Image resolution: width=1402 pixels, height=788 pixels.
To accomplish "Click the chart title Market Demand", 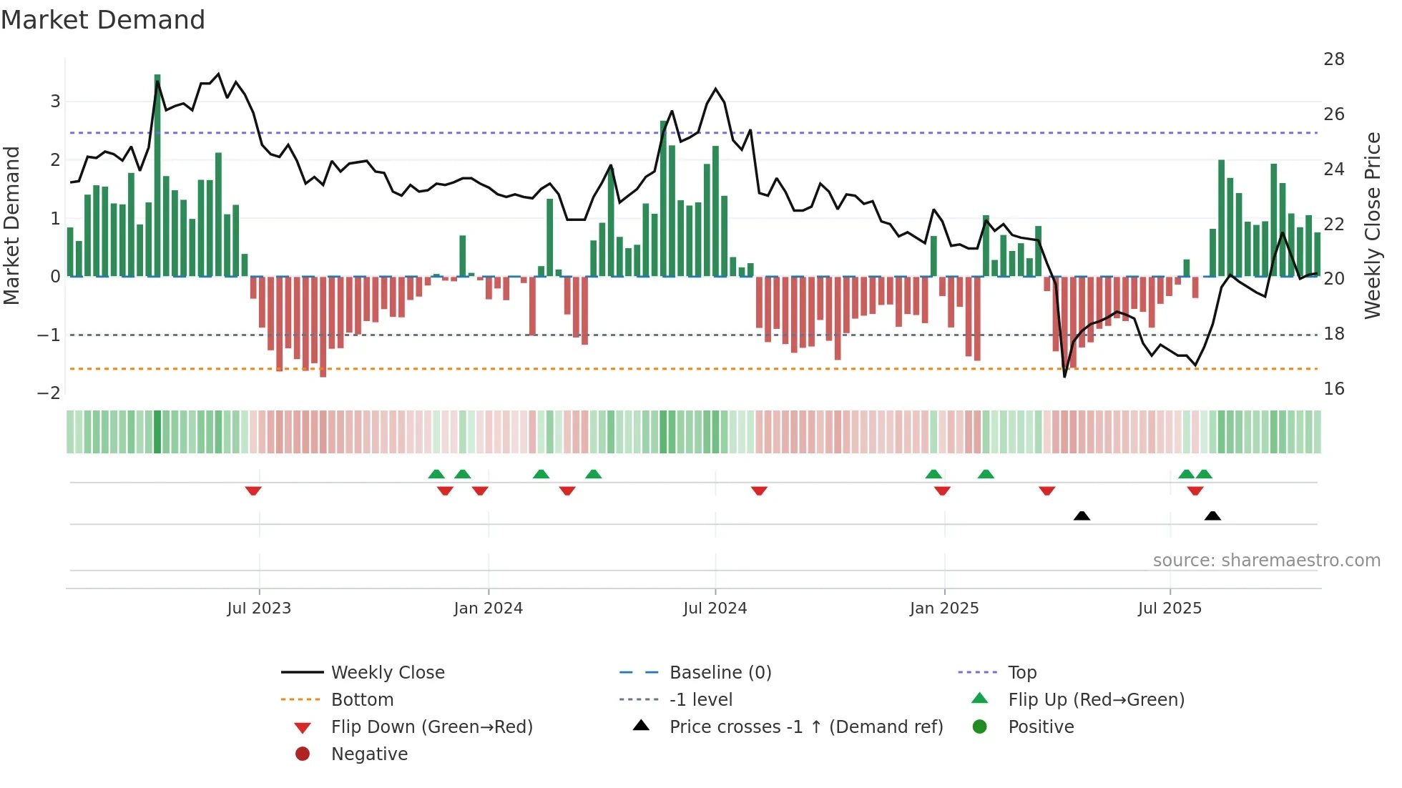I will point(103,20).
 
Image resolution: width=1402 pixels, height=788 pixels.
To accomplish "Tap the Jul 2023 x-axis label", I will point(259,609).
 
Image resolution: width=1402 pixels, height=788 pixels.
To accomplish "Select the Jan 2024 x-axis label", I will point(489,609).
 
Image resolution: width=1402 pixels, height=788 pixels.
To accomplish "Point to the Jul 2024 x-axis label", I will point(715,609).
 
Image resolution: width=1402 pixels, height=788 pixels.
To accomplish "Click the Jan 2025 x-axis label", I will point(944,609).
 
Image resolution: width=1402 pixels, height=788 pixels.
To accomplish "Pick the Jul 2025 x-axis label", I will point(1170,609).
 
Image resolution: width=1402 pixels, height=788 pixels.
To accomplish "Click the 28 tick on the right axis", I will point(1333,59).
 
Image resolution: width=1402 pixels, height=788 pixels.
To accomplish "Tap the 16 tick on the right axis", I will point(1333,389).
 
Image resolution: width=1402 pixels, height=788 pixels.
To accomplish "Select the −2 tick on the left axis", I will point(49,393).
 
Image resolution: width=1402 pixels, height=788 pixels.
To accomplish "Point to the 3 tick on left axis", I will point(55,102).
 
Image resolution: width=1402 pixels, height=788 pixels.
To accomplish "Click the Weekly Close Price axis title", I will point(1372,225).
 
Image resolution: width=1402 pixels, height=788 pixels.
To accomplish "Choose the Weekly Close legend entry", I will point(387,673).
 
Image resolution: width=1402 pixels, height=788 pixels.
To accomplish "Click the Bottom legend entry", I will point(362,700).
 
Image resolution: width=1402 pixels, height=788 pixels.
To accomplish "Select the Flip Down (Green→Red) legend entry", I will point(431,727).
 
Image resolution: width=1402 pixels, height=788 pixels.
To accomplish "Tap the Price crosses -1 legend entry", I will point(805,727).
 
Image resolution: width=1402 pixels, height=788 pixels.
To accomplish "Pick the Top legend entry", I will point(1021,673).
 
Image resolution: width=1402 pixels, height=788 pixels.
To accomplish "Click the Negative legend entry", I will point(369,754).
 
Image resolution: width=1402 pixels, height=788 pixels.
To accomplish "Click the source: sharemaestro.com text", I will point(1266,561).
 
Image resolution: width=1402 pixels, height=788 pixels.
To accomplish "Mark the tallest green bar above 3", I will point(157,172).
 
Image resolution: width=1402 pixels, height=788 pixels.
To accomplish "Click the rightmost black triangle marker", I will point(1212,516).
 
